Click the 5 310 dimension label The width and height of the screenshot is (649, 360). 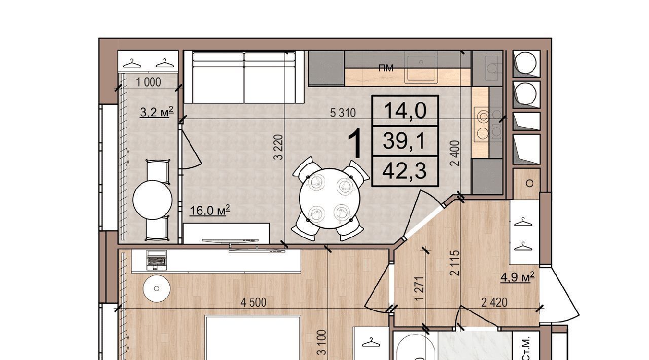click(343, 113)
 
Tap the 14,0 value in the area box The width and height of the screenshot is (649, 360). click(405, 111)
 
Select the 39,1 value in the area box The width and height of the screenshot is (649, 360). click(404, 141)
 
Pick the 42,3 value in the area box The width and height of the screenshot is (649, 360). click(405, 171)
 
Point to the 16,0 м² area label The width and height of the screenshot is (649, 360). click(210, 210)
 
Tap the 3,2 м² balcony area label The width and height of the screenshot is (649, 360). click(157, 112)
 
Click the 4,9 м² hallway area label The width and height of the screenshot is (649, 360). click(518, 277)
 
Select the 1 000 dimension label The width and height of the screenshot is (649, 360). click(149, 82)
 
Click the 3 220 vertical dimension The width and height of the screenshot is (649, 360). click(278, 147)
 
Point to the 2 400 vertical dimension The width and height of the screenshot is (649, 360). click(455, 153)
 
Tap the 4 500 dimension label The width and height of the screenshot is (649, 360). click(253, 303)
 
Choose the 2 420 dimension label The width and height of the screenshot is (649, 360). click(494, 303)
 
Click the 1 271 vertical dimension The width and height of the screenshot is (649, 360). click(420, 289)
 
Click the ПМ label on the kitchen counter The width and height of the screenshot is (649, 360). click(386, 68)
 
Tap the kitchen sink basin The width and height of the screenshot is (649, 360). click(421, 68)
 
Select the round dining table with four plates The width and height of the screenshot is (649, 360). click(330, 198)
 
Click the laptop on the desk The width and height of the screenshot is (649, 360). click(157, 260)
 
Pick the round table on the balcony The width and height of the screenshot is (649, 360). click(153, 200)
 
